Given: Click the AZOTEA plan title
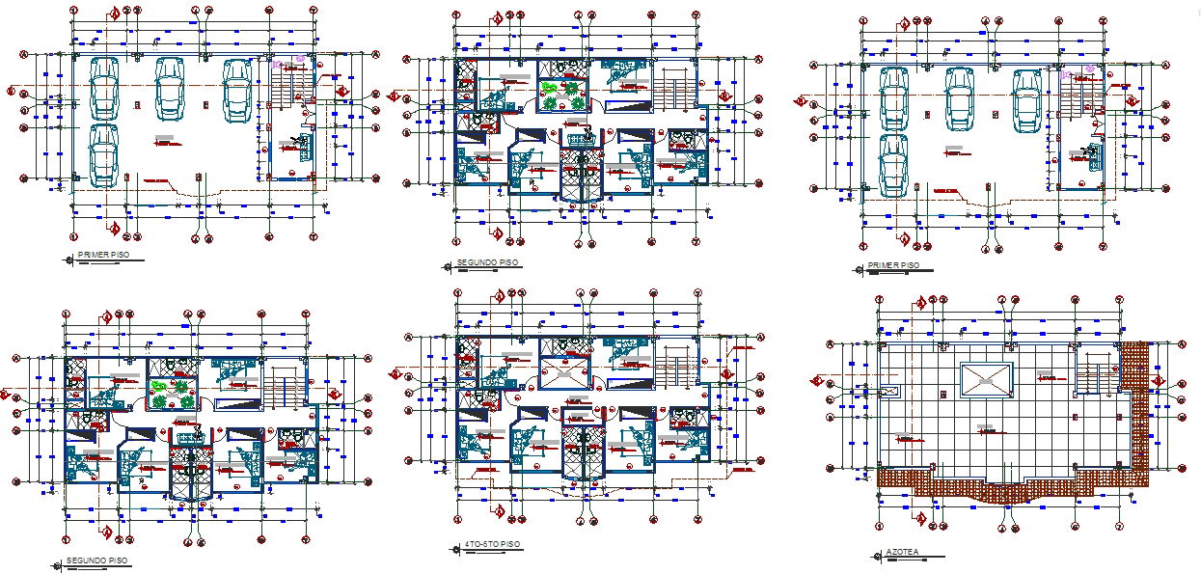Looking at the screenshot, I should pyautogui.click(x=902, y=554).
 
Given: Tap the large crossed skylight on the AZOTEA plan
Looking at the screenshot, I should pyautogui.click(x=985, y=381).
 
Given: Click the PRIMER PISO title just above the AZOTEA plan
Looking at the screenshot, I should pyautogui.click(x=893, y=265).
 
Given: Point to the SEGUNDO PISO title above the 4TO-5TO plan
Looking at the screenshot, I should pyautogui.click(x=487, y=261).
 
